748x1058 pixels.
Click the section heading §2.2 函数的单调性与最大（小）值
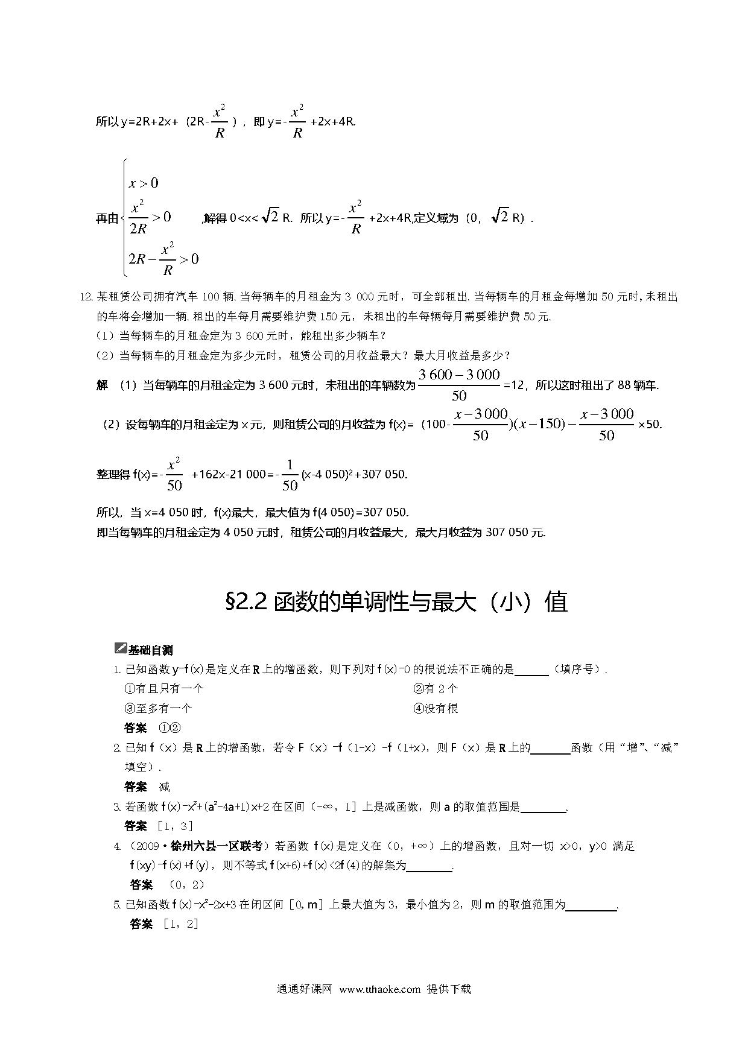pos(396,602)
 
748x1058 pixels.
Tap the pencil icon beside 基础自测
pos(120,648)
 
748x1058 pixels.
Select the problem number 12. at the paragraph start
pos(87,297)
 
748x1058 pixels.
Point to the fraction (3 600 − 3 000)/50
pos(459,385)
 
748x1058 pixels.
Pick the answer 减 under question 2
pos(164,787)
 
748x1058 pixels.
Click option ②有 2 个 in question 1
pos(436,688)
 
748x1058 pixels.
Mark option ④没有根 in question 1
pos(436,708)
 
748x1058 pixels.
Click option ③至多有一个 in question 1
pos(158,708)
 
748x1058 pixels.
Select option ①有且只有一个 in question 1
pos(163,688)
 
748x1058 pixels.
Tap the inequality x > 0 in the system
pos(144,183)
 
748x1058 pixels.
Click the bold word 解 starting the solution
pos(102,385)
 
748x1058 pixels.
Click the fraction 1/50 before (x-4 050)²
pos(290,475)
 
